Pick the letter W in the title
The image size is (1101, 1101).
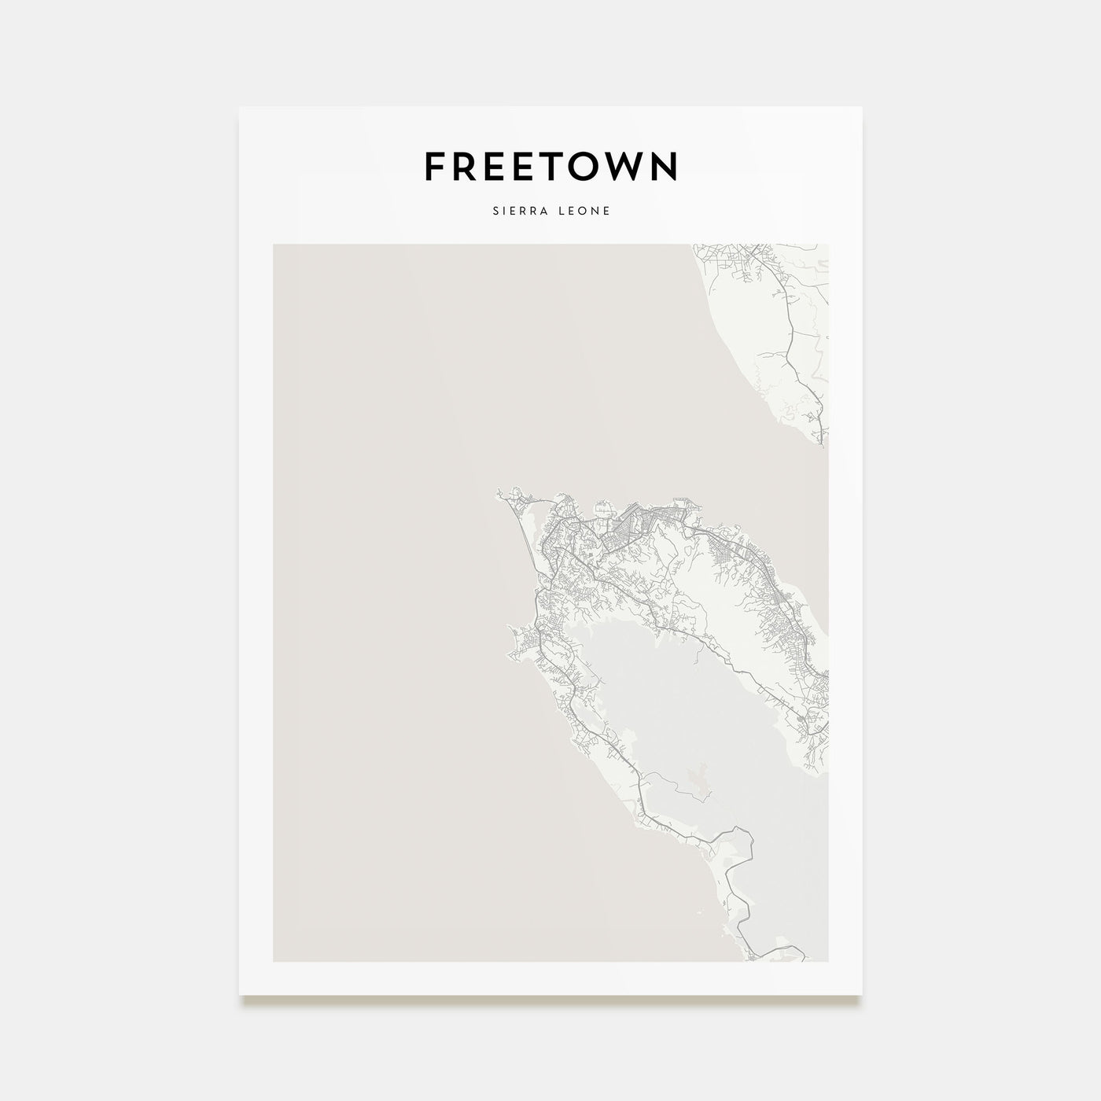coord(634,166)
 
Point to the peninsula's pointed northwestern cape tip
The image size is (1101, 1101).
coord(499,494)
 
